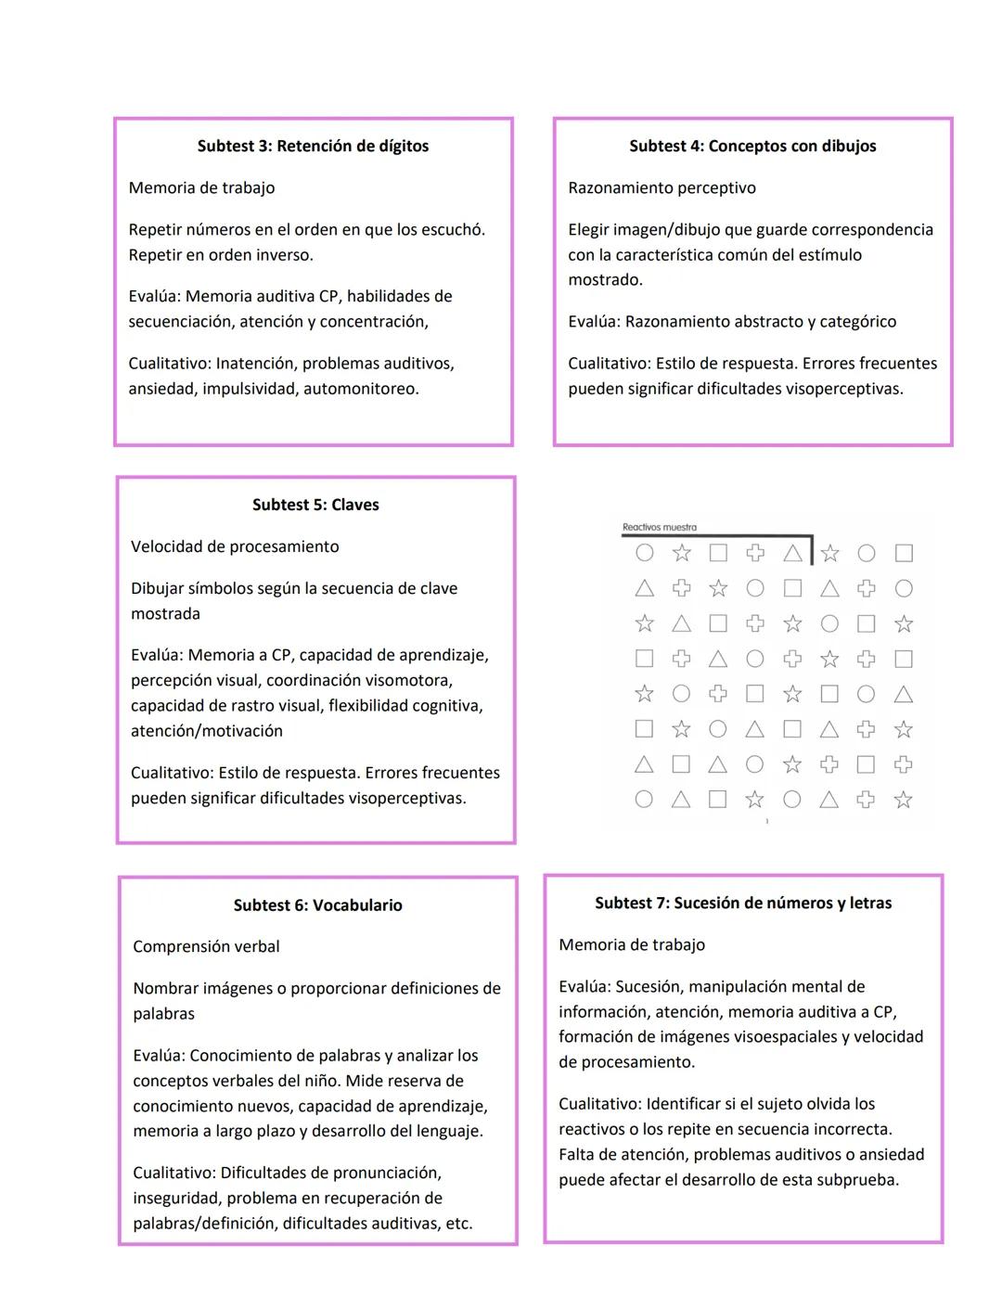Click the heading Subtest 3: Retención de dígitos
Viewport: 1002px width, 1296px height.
coord(313,146)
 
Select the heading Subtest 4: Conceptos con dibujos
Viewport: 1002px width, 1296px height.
coord(752,146)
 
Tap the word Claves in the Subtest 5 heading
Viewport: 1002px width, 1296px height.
coord(354,505)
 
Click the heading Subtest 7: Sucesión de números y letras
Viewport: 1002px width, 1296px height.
coord(743,903)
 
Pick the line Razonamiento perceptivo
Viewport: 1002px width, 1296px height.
coord(662,187)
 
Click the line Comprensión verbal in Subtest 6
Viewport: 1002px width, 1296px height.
coord(206,946)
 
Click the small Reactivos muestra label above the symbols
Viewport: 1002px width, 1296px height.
coord(659,527)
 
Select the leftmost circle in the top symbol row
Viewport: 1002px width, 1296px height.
coord(644,553)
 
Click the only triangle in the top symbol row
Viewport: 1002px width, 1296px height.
coord(792,553)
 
